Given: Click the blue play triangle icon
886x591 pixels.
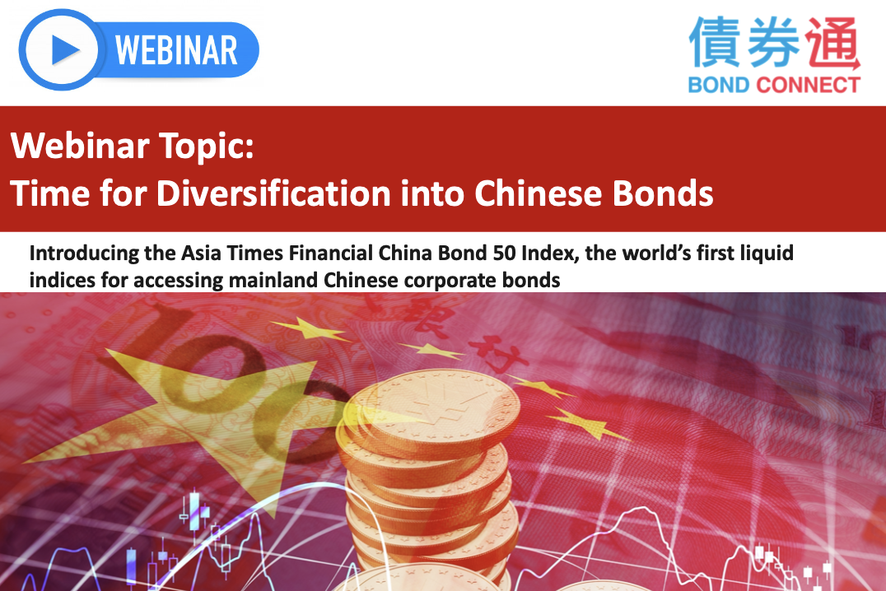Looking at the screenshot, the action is tap(64, 49).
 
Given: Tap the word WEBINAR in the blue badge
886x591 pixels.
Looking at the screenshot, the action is tap(176, 51).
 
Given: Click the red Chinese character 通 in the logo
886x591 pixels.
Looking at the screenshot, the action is tap(832, 43).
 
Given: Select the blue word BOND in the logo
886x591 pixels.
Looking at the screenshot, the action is tap(718, 85).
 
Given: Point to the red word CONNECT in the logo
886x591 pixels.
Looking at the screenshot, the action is tap(808, 85).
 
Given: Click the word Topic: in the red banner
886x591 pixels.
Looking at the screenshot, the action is tap(206, 147).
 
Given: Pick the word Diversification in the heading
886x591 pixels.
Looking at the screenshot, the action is tap(273, 193).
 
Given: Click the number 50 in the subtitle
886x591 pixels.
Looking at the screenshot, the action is tap(504, 253).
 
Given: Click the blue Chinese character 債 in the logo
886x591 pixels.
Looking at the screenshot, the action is tap(715, 42).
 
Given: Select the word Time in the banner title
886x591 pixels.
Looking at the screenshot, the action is tap(49, 193).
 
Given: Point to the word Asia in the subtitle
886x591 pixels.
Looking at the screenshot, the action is tap(202, 254).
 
